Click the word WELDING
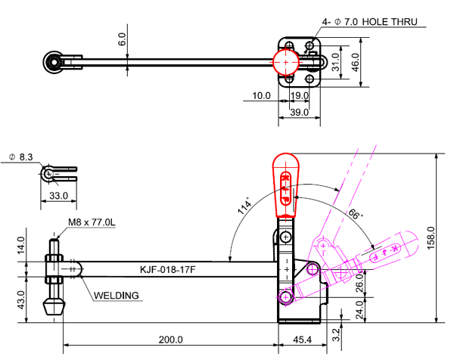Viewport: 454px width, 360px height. point(117,295)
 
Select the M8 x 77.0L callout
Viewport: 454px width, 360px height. point(91,222)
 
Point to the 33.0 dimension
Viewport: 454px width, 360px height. point(58,195)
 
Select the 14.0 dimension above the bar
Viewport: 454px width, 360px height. point(22,246)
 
